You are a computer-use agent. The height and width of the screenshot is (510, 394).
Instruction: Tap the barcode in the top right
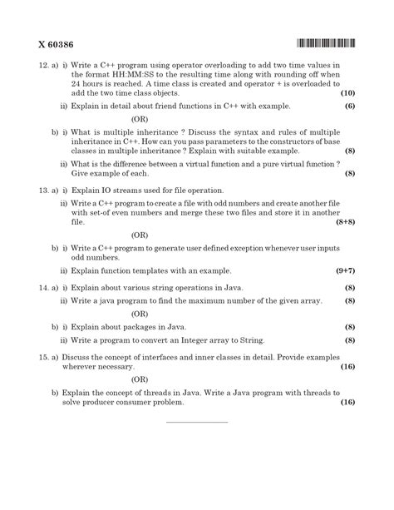pos(324,42)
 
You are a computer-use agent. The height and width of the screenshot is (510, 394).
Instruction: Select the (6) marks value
pos(349,106)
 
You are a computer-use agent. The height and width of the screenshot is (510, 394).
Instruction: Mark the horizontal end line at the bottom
pos(197,422)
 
